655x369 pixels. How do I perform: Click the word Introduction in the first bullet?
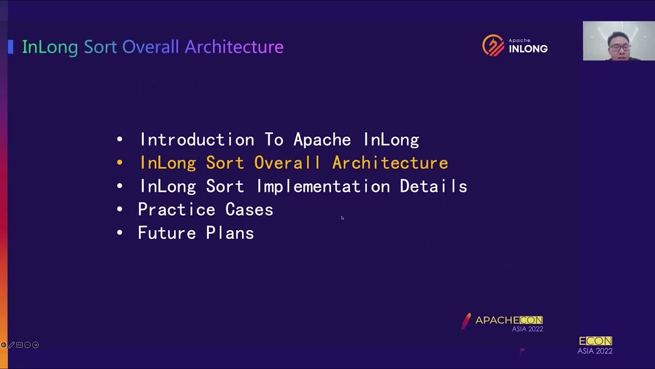coord(196,140)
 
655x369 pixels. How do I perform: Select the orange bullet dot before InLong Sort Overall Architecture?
coord(120,163)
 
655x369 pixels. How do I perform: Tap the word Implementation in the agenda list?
coord(322,187)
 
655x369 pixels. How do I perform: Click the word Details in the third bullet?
coord(433,187)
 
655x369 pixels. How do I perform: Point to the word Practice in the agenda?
coord(176,210)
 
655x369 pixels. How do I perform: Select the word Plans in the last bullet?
coord(229,233)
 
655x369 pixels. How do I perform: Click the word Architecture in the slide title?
coord(234,47)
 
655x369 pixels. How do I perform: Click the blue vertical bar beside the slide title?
coord(11,47)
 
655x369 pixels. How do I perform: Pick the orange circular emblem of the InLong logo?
coord(493,46)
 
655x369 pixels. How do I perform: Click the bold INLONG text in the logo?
coord(528,49)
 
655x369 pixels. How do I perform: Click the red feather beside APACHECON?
coord(466,321)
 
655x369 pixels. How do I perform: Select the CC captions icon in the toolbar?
coord(19,345)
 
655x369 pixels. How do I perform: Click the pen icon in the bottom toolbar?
coord(11,345)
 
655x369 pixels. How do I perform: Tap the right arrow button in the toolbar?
coord(35,345)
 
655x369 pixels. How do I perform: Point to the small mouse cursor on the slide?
coord(342,218)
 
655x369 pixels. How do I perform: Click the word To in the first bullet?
coord(274,140)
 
